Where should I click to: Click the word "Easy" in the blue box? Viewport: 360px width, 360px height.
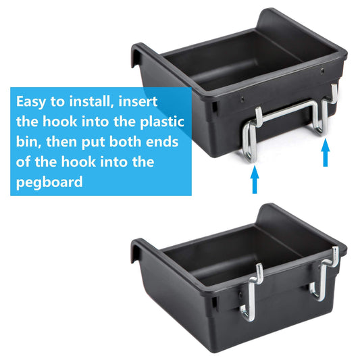click(31, 102)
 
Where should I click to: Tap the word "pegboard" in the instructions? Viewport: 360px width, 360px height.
click(49, 182)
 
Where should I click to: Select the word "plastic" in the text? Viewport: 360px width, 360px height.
click(162, 121)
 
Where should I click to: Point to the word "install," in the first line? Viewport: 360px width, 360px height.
click(92, 101)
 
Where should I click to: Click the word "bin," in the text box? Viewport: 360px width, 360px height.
click(29, 142)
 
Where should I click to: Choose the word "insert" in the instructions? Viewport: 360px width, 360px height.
click(138, 101)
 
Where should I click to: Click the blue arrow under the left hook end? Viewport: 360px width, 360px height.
click(255, 180)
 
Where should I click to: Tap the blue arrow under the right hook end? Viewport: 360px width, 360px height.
click(326, 153)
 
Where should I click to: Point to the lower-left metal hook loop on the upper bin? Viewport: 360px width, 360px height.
click(248, 143)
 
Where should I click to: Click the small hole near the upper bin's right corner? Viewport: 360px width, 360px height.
click(323, 70)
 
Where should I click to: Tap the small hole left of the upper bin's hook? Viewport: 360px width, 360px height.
click(242, 99)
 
